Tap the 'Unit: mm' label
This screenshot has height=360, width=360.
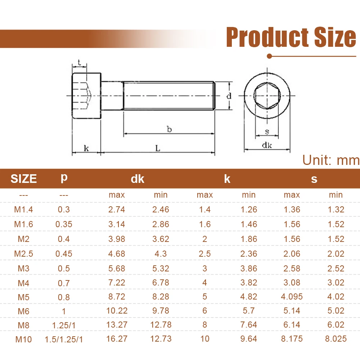click(331, 160)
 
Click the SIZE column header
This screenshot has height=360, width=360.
click(24, 179)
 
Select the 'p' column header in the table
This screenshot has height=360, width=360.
click(64, 178)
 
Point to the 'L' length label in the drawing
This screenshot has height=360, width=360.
click(158, 148)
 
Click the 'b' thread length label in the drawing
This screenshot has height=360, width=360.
click(169, 129)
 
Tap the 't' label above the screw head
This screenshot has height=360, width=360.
click(79, 62)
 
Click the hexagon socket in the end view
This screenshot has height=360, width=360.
click(267, 95)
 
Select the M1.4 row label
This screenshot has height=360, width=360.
click(23, 210)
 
